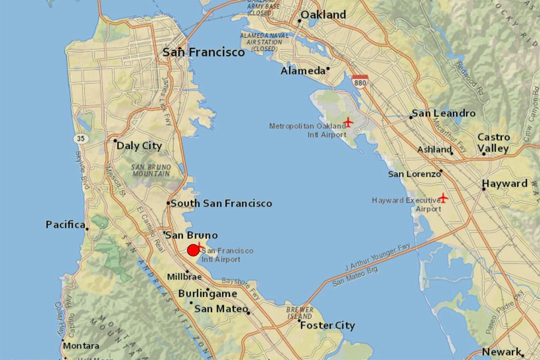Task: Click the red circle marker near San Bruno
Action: pos(193,250)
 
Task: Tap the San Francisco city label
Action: pos(204,52)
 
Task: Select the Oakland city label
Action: pos(323,15)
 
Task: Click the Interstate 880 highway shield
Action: pos(360,81)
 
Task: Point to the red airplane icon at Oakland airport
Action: pos(349,122)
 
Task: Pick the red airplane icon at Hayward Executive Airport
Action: pos(443,198)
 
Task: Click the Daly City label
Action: pos(139,146)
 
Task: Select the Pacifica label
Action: pos(65,225)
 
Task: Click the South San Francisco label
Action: pos(221,203)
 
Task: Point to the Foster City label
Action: pos(327,326)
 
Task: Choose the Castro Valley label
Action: pos(493,143)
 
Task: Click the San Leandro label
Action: pos(443,113)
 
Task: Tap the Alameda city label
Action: pos(303,71)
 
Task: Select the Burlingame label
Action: pos(208,294)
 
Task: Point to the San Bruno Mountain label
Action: pos(150,170)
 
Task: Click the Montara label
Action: pos(81,345)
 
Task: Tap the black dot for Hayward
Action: pos(483,189)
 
